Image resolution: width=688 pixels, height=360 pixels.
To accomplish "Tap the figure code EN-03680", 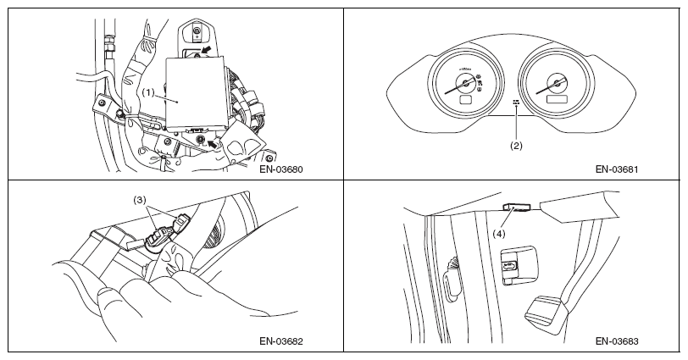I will click(283, 169).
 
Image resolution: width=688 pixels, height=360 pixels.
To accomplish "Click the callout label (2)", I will click(516, 145).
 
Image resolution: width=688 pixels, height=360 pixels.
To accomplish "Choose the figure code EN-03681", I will click(616, 169).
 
